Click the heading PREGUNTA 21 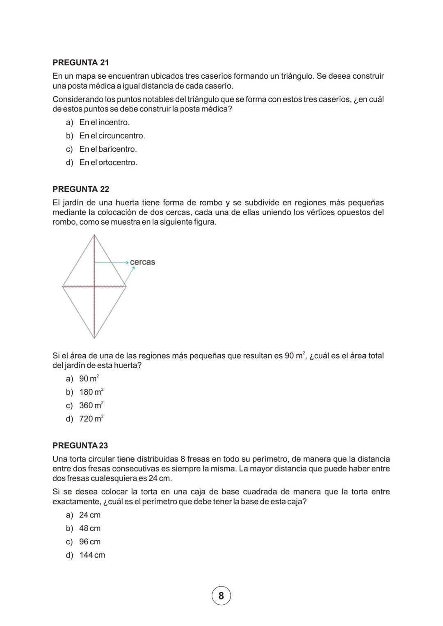click(81, 63)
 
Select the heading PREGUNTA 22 click(81, 189)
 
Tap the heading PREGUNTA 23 click(80, 445)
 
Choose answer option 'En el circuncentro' click(112, 136)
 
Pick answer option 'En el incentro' click(104, 122)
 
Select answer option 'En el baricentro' click(108, 149)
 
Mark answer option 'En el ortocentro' click(108, 162)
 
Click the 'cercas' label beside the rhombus click(142, 262)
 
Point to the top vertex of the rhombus click(94, 235)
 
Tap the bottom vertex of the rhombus click(94, 338)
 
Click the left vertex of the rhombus click(62, 287)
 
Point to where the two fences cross click(94, 287)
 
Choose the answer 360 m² click(91, 405)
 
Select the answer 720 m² click(91, 419)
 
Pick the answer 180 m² click(91, 392)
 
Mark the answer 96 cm click(89, 542)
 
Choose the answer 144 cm click(92, 555)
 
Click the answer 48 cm click(89, 528)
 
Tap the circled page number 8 click(221, 596)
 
